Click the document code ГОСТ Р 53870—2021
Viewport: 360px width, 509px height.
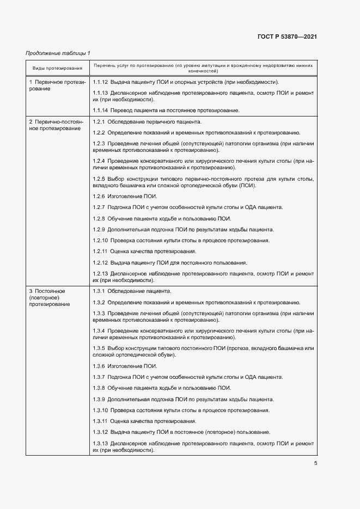[287, 36]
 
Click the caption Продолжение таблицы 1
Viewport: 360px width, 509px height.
[58, 53]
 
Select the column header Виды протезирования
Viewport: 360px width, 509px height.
[57, 68]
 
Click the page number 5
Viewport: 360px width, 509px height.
[315, 463]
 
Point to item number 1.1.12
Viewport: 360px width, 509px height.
[101, 82]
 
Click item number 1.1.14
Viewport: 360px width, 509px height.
[101, 111]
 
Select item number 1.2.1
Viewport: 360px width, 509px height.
[99, 121]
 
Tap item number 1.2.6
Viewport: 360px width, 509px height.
[99, 196]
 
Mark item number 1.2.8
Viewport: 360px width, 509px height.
[99, 218]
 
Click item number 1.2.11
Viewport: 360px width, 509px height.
[101, 251]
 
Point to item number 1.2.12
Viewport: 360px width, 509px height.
[101, 262]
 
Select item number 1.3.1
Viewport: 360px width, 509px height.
[99, 291]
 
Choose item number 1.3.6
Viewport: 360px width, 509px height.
[99, 365]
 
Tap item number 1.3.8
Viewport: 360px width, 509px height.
[99, 388]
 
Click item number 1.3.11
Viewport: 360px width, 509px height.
[101, 421]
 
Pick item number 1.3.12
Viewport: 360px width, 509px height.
[101, 432]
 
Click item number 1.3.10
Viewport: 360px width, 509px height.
[101, 410]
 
